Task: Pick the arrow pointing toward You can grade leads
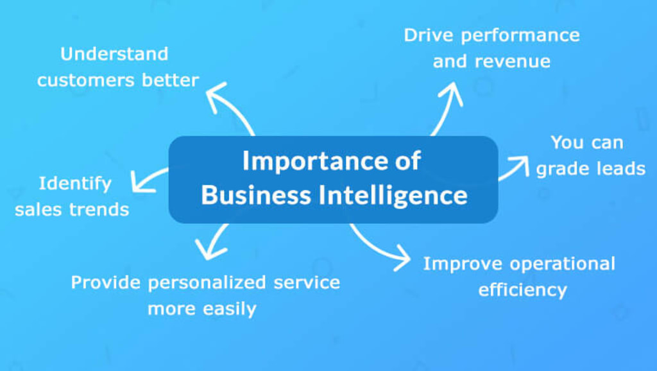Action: click(513, 168)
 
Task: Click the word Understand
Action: click(114, 54)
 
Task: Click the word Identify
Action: click(75, 184)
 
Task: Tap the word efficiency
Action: click(522, 289)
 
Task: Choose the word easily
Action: click(228, 309)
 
